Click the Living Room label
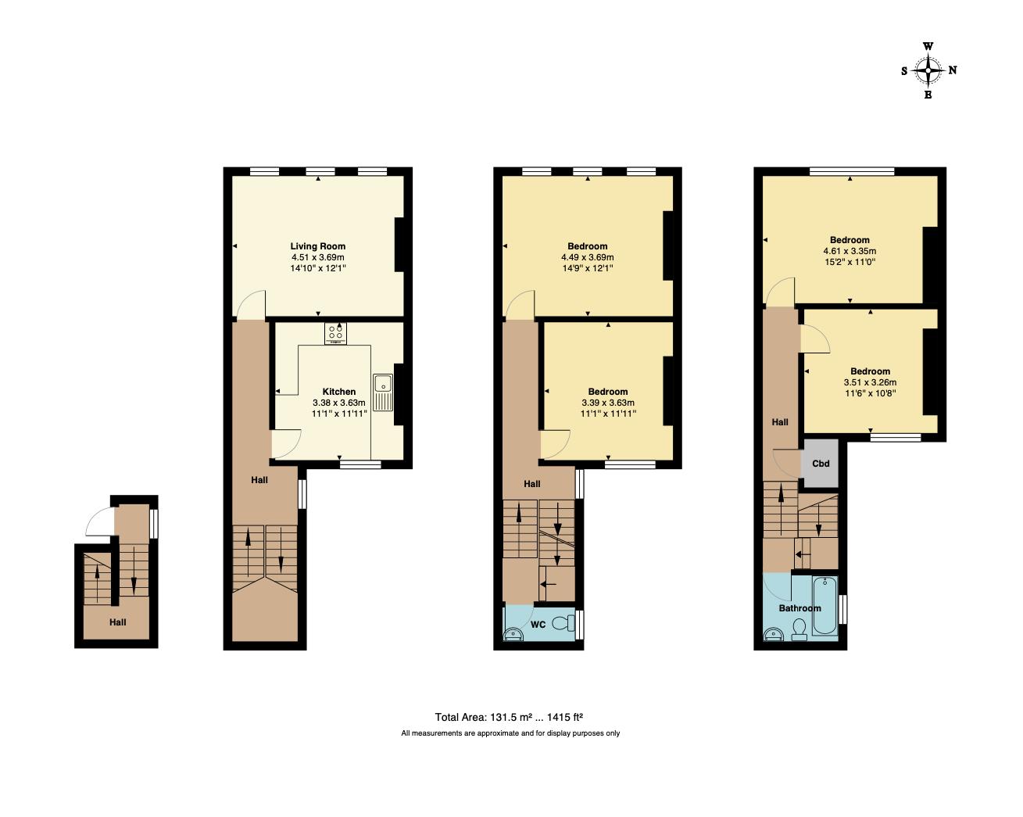coord(317,246)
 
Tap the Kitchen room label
coord(338,392)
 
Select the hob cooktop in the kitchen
coord(337,334)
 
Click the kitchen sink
coord(384,392)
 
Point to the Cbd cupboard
coord(820,464)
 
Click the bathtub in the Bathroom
coord(824,606)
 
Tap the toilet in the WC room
coord(560,623)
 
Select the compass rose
coord(928,71)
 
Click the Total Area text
coord(510,716)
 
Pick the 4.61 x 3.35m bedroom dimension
coord(850,252)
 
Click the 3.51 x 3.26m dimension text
coord(870,382)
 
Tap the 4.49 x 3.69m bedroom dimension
coord(587,257)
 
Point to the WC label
coord(538,625)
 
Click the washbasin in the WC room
coord(513,633)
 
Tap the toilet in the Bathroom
coord(799,630)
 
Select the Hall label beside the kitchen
coord(259,479)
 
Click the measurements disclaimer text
coord(510,733)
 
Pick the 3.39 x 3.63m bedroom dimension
coord(607,403)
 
